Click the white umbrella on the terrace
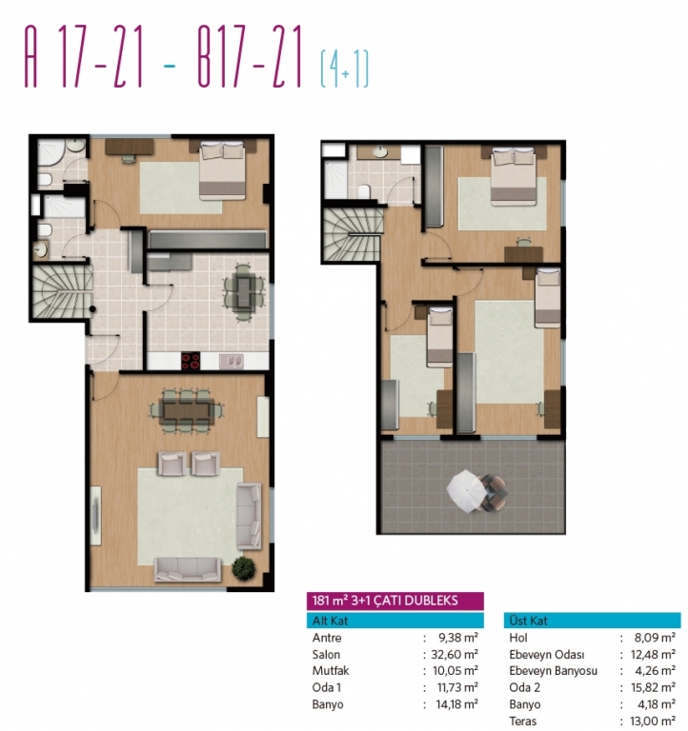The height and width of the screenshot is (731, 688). tap(467, 490)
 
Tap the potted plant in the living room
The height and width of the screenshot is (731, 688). tap(244, 568)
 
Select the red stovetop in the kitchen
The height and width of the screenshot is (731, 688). tap(191, 361)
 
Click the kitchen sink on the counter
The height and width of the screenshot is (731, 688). tap(231, 361)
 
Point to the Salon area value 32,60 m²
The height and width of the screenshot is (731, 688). tap(455, 655)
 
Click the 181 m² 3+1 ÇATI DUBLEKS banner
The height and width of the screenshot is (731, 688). tap(395, 601)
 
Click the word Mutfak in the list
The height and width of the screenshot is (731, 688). tap(331, 671)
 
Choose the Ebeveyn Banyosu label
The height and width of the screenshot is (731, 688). tap(553, 671)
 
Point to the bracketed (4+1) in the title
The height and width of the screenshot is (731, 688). tap(344, 69)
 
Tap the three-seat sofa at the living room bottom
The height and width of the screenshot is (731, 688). tap(188, 569)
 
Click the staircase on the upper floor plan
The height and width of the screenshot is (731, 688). tap(353, 234)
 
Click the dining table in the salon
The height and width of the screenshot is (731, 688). tap(187, 411)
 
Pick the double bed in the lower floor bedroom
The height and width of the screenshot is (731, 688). tap(222, 170)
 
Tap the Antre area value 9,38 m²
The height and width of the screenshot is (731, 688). tap(458, 638)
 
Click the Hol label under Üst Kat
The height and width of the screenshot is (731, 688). tap(518, 638)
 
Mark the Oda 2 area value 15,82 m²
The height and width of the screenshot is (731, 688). tap(653, 687)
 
